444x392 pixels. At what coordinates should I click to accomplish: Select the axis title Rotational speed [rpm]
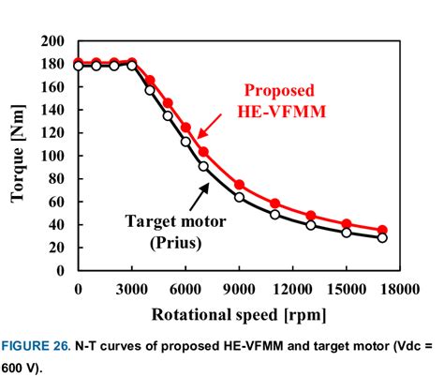(238, 312)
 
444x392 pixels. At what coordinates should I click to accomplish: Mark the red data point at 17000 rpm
(382, 230)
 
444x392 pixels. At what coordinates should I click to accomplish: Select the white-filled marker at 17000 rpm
(382, 238)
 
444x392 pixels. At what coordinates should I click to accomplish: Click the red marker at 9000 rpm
(239, 185)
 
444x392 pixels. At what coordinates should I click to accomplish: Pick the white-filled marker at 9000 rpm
(239, 197)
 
